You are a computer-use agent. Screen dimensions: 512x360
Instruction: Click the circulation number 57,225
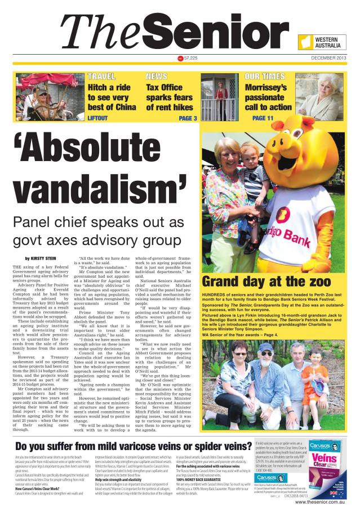(x=190, y=59)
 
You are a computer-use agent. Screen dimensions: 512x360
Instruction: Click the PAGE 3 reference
(x=188, y=118)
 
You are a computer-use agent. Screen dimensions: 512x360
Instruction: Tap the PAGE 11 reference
(x=263, y=118)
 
